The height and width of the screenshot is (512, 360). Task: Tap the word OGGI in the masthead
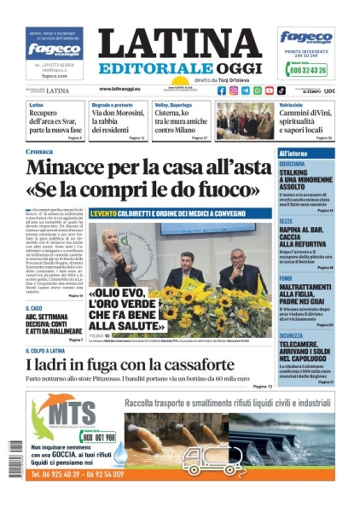(233, 67)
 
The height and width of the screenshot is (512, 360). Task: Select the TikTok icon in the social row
(282, 90)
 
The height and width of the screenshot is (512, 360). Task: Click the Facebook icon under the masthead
(222, 90)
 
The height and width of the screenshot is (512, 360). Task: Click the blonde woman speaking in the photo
(112, 247)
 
